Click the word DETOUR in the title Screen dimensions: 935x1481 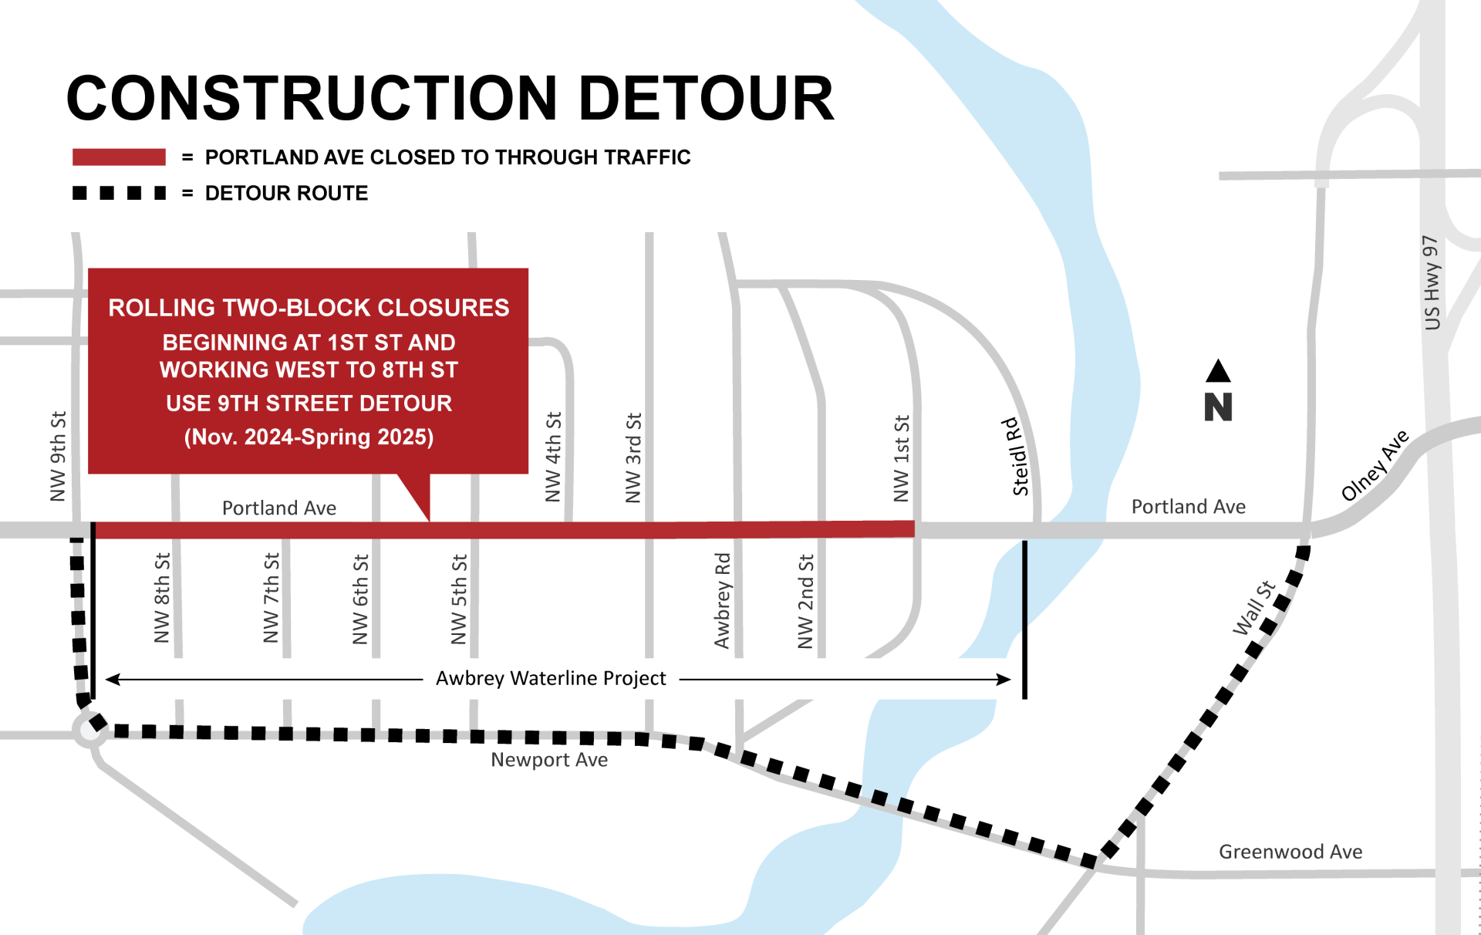click(706, 99)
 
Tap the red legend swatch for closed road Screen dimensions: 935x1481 click(119, 157)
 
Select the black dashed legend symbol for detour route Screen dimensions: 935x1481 click(119, 193)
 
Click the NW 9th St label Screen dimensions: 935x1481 click(58, 456)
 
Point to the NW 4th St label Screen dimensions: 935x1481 click(553, 457)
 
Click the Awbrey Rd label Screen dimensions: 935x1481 click(722, 600)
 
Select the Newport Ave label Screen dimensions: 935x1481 click(549, 760)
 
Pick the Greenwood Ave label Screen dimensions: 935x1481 click(1290, 852)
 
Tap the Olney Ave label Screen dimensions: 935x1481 click(1375, 465)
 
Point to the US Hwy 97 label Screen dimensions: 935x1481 click(1432, 282)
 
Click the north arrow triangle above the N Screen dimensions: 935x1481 click(1218, 371)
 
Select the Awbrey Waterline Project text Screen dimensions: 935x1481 click(551, 678)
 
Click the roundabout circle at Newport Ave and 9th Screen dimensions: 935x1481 click(89, 730)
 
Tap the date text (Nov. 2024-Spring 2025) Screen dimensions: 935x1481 click(309, 437)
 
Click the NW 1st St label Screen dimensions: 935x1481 click(901, 458)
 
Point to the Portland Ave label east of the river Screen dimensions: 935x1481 click(1188, 507)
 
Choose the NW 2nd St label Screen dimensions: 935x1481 click(805, 601)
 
